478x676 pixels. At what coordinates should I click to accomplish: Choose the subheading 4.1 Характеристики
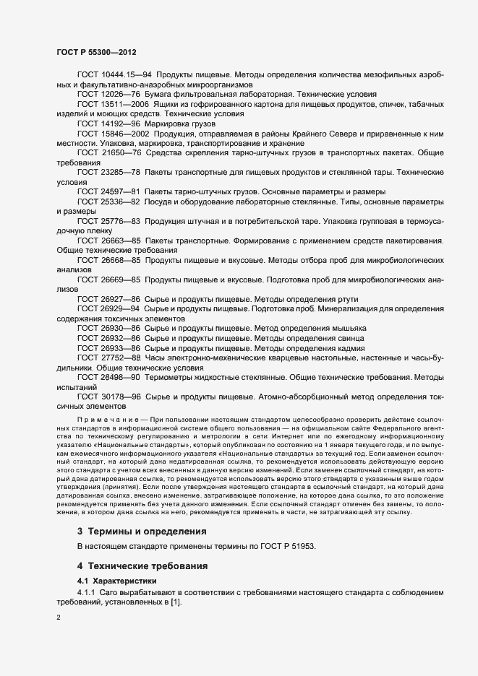pos(116,580)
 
